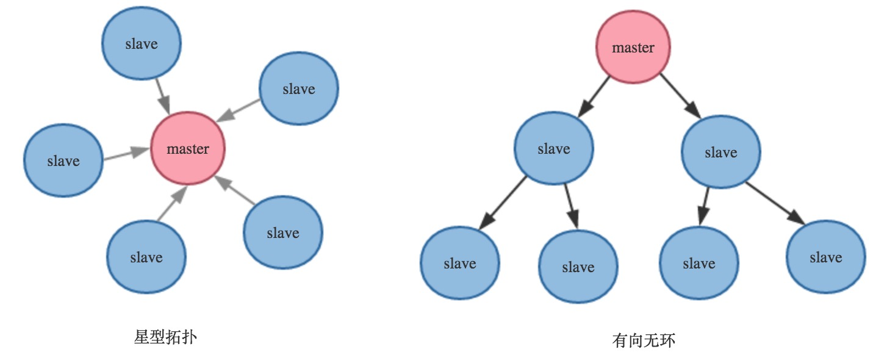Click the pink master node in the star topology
[188, 148]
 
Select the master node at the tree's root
[633, 48]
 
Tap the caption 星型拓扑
[165, 337]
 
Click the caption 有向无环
[644, 340]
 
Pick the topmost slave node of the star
[141, 44]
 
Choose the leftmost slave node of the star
[63, 160]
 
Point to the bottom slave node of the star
[146, 257]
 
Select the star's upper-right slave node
[299, 89]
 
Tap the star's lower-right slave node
[283, 232]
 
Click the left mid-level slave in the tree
[554, 148]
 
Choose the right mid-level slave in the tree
[720, 153]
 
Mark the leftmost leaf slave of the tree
[459, 263]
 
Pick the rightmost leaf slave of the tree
[826, 257]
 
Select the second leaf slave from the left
[578, 267]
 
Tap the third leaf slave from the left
[699, 263]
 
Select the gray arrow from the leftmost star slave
[126, 154]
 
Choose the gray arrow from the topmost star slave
[162, 95]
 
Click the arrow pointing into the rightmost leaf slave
[774, 203]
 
